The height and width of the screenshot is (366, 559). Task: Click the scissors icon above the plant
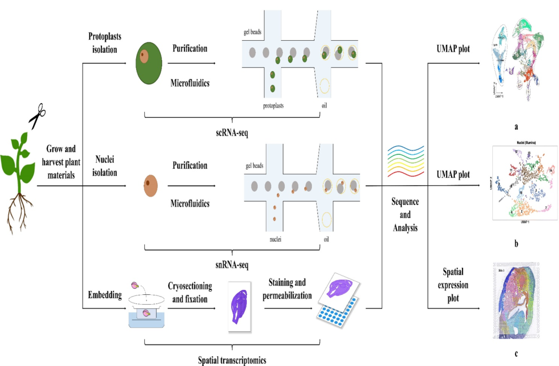(x=37, y=117)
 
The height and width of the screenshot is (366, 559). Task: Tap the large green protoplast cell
(x=149, y=64)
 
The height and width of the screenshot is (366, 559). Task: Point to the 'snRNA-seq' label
(x=232, y=265)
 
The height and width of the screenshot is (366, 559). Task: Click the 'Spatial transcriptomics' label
(x=232, y=359)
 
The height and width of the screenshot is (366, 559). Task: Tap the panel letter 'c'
(x=516, y=354)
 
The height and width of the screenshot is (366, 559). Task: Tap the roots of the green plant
(x=18, y=212)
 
